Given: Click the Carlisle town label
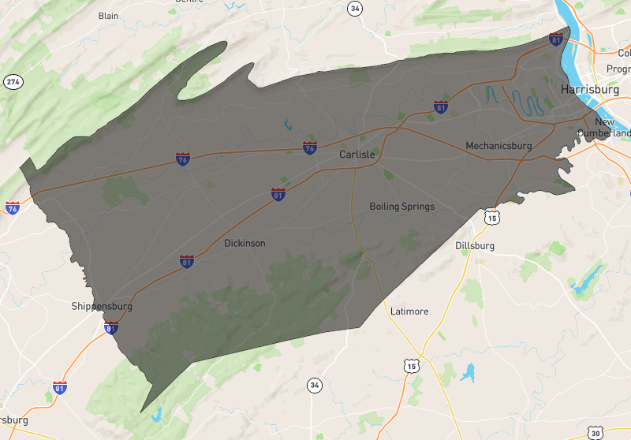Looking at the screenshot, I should pos(357,155).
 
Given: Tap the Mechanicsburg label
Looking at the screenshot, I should pos(498,146).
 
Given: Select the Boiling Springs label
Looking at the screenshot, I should pos(401,207).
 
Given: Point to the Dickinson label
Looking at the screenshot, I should pos(245,244).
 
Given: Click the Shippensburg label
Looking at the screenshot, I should pos(102,306).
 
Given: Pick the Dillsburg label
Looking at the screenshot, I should pos(475,246).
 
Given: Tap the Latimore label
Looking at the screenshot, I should pos(409,311).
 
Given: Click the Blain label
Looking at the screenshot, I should pos(108,16).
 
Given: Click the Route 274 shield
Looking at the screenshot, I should pos(12,82).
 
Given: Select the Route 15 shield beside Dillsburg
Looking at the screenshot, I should pos(491,217).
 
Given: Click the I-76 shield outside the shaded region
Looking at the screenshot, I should pos(12,208).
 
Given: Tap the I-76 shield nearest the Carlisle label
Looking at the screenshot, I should pos(310,147).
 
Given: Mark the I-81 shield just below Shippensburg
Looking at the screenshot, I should pos(111,327).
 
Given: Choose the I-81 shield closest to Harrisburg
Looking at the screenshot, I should pos(557,39).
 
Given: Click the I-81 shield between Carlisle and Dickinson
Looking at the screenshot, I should pos(278,194).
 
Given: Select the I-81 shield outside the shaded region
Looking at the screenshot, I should pos(60,387).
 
